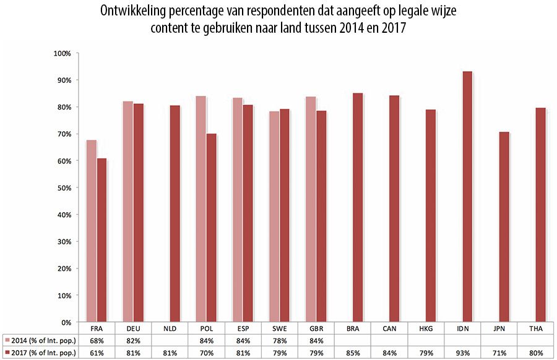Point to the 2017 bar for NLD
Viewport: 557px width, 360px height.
coord(175,213)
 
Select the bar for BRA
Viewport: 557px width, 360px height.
coord(358,207)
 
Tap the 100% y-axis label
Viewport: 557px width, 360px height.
coord(63,54)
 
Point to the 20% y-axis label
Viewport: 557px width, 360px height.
coord(64,268)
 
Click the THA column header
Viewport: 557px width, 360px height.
coord(536,328)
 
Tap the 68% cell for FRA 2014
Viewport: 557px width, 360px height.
coord(97,340)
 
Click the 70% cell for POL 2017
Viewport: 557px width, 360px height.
coord(207,353)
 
